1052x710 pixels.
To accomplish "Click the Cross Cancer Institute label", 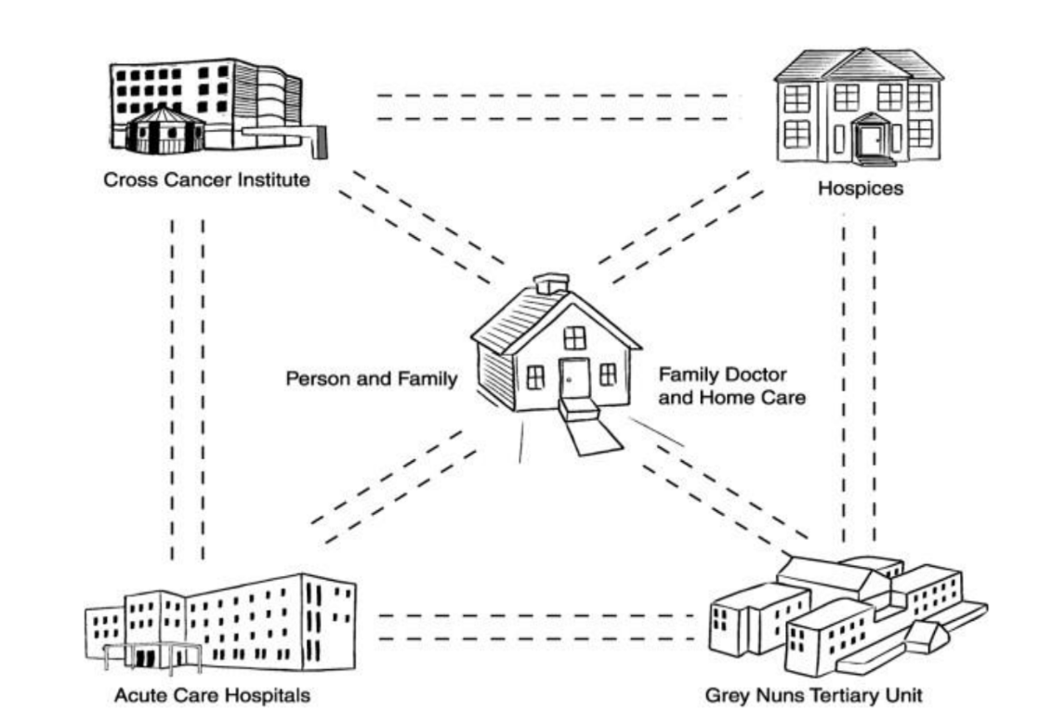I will coord(205,179).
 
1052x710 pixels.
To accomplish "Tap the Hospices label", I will coord(860,189).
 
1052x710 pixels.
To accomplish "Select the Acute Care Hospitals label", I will coord(212,694).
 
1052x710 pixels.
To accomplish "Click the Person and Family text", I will coord(371,379).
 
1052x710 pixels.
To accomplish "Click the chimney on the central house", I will coord(551,283).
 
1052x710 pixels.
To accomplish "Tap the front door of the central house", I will coord(573,376).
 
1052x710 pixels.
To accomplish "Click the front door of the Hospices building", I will coord(871,140).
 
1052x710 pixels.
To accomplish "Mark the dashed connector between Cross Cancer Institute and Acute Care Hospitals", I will coord(188,390).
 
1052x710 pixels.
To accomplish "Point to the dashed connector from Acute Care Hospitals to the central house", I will coord(395,488).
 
